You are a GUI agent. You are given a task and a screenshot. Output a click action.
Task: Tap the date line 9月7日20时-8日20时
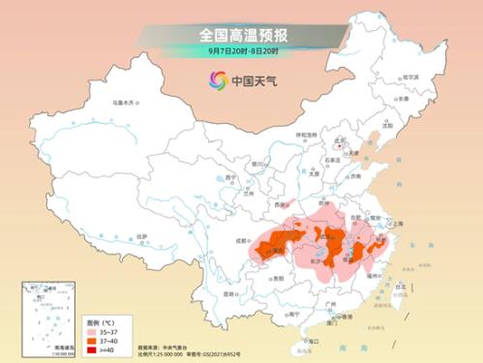coord(241,51)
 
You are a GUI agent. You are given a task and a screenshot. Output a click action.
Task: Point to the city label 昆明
coord(229,292)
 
